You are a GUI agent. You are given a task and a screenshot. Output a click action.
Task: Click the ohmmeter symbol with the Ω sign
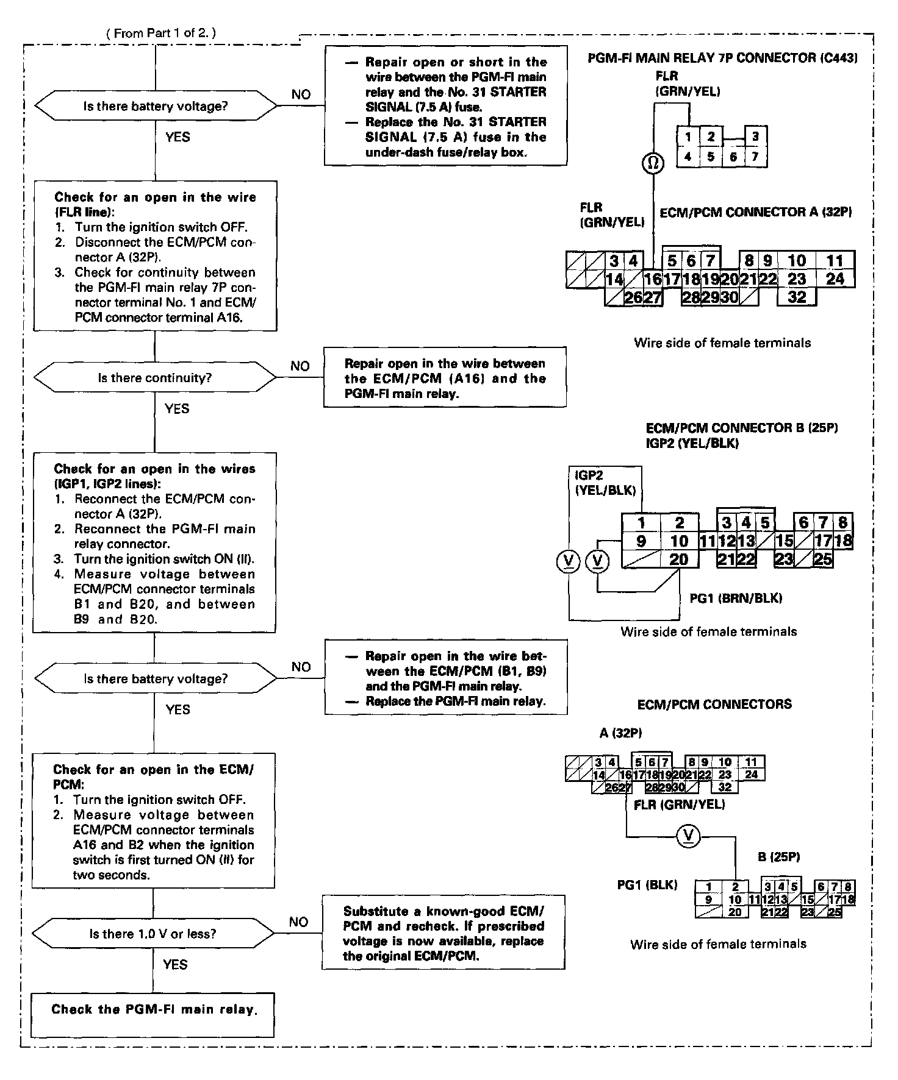click(x=653, y=163)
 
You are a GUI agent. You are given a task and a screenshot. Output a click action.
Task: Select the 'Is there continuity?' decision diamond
click(x=155, y=378)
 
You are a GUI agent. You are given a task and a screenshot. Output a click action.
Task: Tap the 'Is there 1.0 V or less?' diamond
click(x=153, y=934)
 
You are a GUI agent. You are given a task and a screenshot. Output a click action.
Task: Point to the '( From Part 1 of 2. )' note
click(x=161, y=33)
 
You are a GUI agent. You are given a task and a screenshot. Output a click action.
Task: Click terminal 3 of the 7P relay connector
click(x=755, y=137)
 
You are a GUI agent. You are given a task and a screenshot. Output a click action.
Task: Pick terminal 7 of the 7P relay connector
click(x=755, y=157)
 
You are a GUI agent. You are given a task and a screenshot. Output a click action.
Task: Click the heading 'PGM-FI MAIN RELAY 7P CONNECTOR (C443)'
click(x=723, y=58)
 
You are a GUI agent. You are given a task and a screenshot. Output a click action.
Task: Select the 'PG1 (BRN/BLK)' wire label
click(x=736, y=598)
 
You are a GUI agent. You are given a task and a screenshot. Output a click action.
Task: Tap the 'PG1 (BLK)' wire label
click(x=647, y=885)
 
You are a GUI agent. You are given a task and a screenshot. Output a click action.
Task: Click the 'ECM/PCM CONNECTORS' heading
click(x=714, y=704)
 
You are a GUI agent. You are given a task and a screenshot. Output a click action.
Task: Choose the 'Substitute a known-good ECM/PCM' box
click(x=444, y=933)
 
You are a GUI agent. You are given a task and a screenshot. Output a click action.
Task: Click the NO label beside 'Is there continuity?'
click(x=300, y=366)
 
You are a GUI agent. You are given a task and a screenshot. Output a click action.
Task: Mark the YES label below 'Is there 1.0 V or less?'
click(x=175, y=964)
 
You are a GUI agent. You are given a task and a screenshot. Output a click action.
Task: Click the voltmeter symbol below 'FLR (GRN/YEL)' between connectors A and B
click(x=689, y=836)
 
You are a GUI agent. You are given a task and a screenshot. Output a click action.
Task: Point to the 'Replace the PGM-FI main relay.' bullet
click(x=455, y=702)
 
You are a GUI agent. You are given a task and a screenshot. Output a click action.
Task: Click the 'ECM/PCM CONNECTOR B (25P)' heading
click(x=742, y=428)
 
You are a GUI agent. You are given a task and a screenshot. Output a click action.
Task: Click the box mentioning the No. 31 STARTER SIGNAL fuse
click(x=446, y=107)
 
